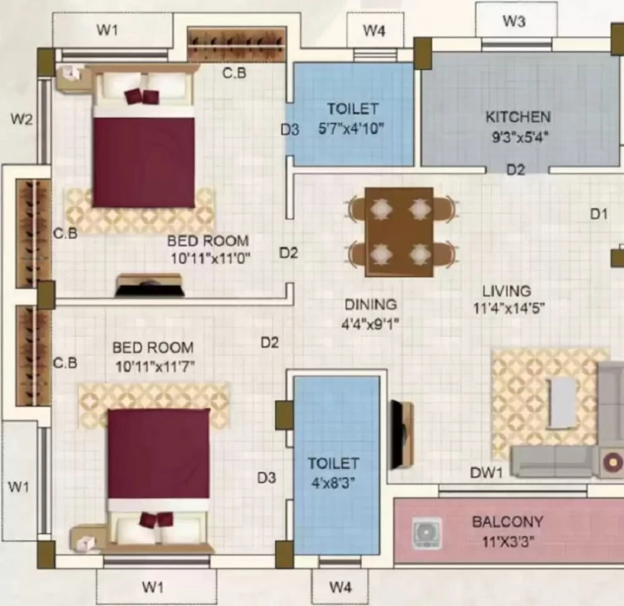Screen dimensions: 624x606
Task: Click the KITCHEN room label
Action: point(518,117)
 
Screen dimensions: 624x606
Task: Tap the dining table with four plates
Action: point(399,232)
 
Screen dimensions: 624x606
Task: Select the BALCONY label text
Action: point(507,522)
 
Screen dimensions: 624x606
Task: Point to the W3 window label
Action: point(514,21)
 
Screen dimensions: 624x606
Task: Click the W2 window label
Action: point(21,118)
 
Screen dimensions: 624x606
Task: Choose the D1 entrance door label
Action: point(599,214)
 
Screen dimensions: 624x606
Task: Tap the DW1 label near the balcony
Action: point(486,473)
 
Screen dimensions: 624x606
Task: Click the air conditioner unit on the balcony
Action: point(426,533)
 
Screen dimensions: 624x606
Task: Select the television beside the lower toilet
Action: point(402,435)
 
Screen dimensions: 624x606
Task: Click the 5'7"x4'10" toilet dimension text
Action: point(351,129)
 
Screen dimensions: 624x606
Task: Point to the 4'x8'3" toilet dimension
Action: point(333,484)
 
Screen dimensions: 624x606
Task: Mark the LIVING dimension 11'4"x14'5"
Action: point(509,308)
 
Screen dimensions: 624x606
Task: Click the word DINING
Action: point(371,305)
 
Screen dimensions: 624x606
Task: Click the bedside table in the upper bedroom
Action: point(73,77)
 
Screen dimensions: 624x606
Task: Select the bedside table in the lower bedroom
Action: point(87,540)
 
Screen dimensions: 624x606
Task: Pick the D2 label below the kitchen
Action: point(516,170)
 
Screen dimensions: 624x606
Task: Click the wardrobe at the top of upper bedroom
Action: point(237,44)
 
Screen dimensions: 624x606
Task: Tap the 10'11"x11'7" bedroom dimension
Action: point(155,366)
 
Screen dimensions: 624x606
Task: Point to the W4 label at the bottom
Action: point(341,587)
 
